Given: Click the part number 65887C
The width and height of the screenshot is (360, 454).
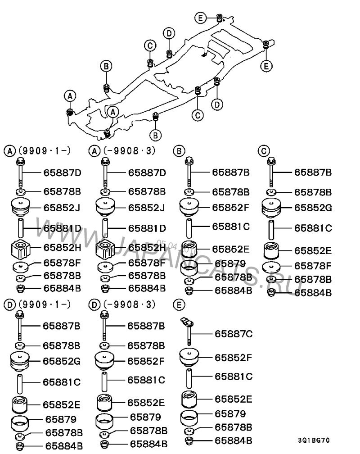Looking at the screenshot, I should [x=234, y=334].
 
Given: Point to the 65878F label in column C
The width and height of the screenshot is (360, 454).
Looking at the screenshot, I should [x=313, y=266].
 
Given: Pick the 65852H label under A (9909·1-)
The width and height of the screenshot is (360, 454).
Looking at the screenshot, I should [x=62, y=247].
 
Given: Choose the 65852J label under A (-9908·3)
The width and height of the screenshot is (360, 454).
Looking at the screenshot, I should [x=147, y=208].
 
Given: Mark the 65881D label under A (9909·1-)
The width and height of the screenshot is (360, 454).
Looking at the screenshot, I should [x=62, y=228].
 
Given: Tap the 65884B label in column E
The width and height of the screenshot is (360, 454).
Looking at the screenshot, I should [x=233, y=440].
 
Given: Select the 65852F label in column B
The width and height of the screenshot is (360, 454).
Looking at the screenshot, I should [x=230, y=208].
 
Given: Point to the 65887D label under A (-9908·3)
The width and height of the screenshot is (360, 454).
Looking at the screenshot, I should [x=147, y=172].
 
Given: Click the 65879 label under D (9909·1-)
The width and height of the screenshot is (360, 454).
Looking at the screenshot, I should [x=60, y=420].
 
